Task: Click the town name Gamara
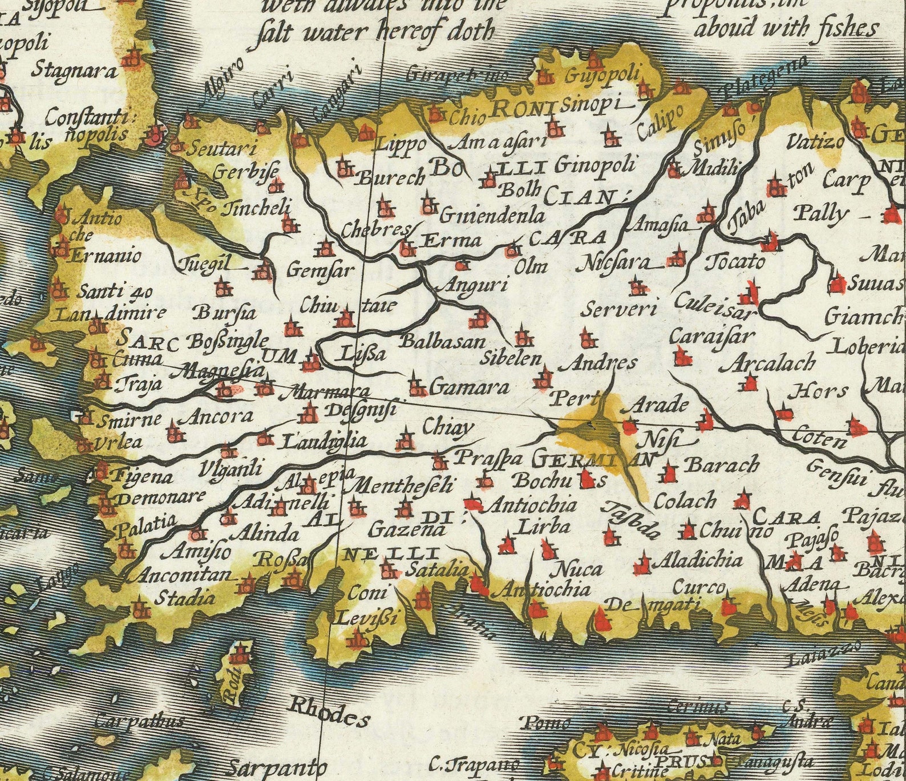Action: click(x=468, y=388)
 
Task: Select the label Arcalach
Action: click(x=767, y=363)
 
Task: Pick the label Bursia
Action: click(x=225, y=313)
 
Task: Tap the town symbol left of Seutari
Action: click(x=175, y=147)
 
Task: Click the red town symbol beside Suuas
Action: click(x=837, y=284)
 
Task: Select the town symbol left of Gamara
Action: click(x=417, y=388)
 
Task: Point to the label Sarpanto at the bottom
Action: click(x=278, y=768)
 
